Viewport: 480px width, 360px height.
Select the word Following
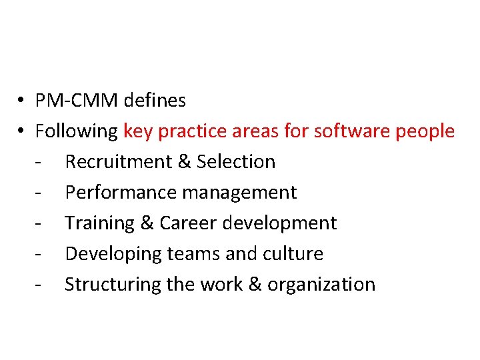77,131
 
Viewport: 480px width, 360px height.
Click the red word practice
193,131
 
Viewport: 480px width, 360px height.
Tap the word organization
321,285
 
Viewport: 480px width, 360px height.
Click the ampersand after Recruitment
182,162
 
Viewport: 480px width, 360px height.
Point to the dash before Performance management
41,193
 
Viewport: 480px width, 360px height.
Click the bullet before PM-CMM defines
22,101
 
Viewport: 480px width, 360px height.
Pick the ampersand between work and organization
255,285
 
